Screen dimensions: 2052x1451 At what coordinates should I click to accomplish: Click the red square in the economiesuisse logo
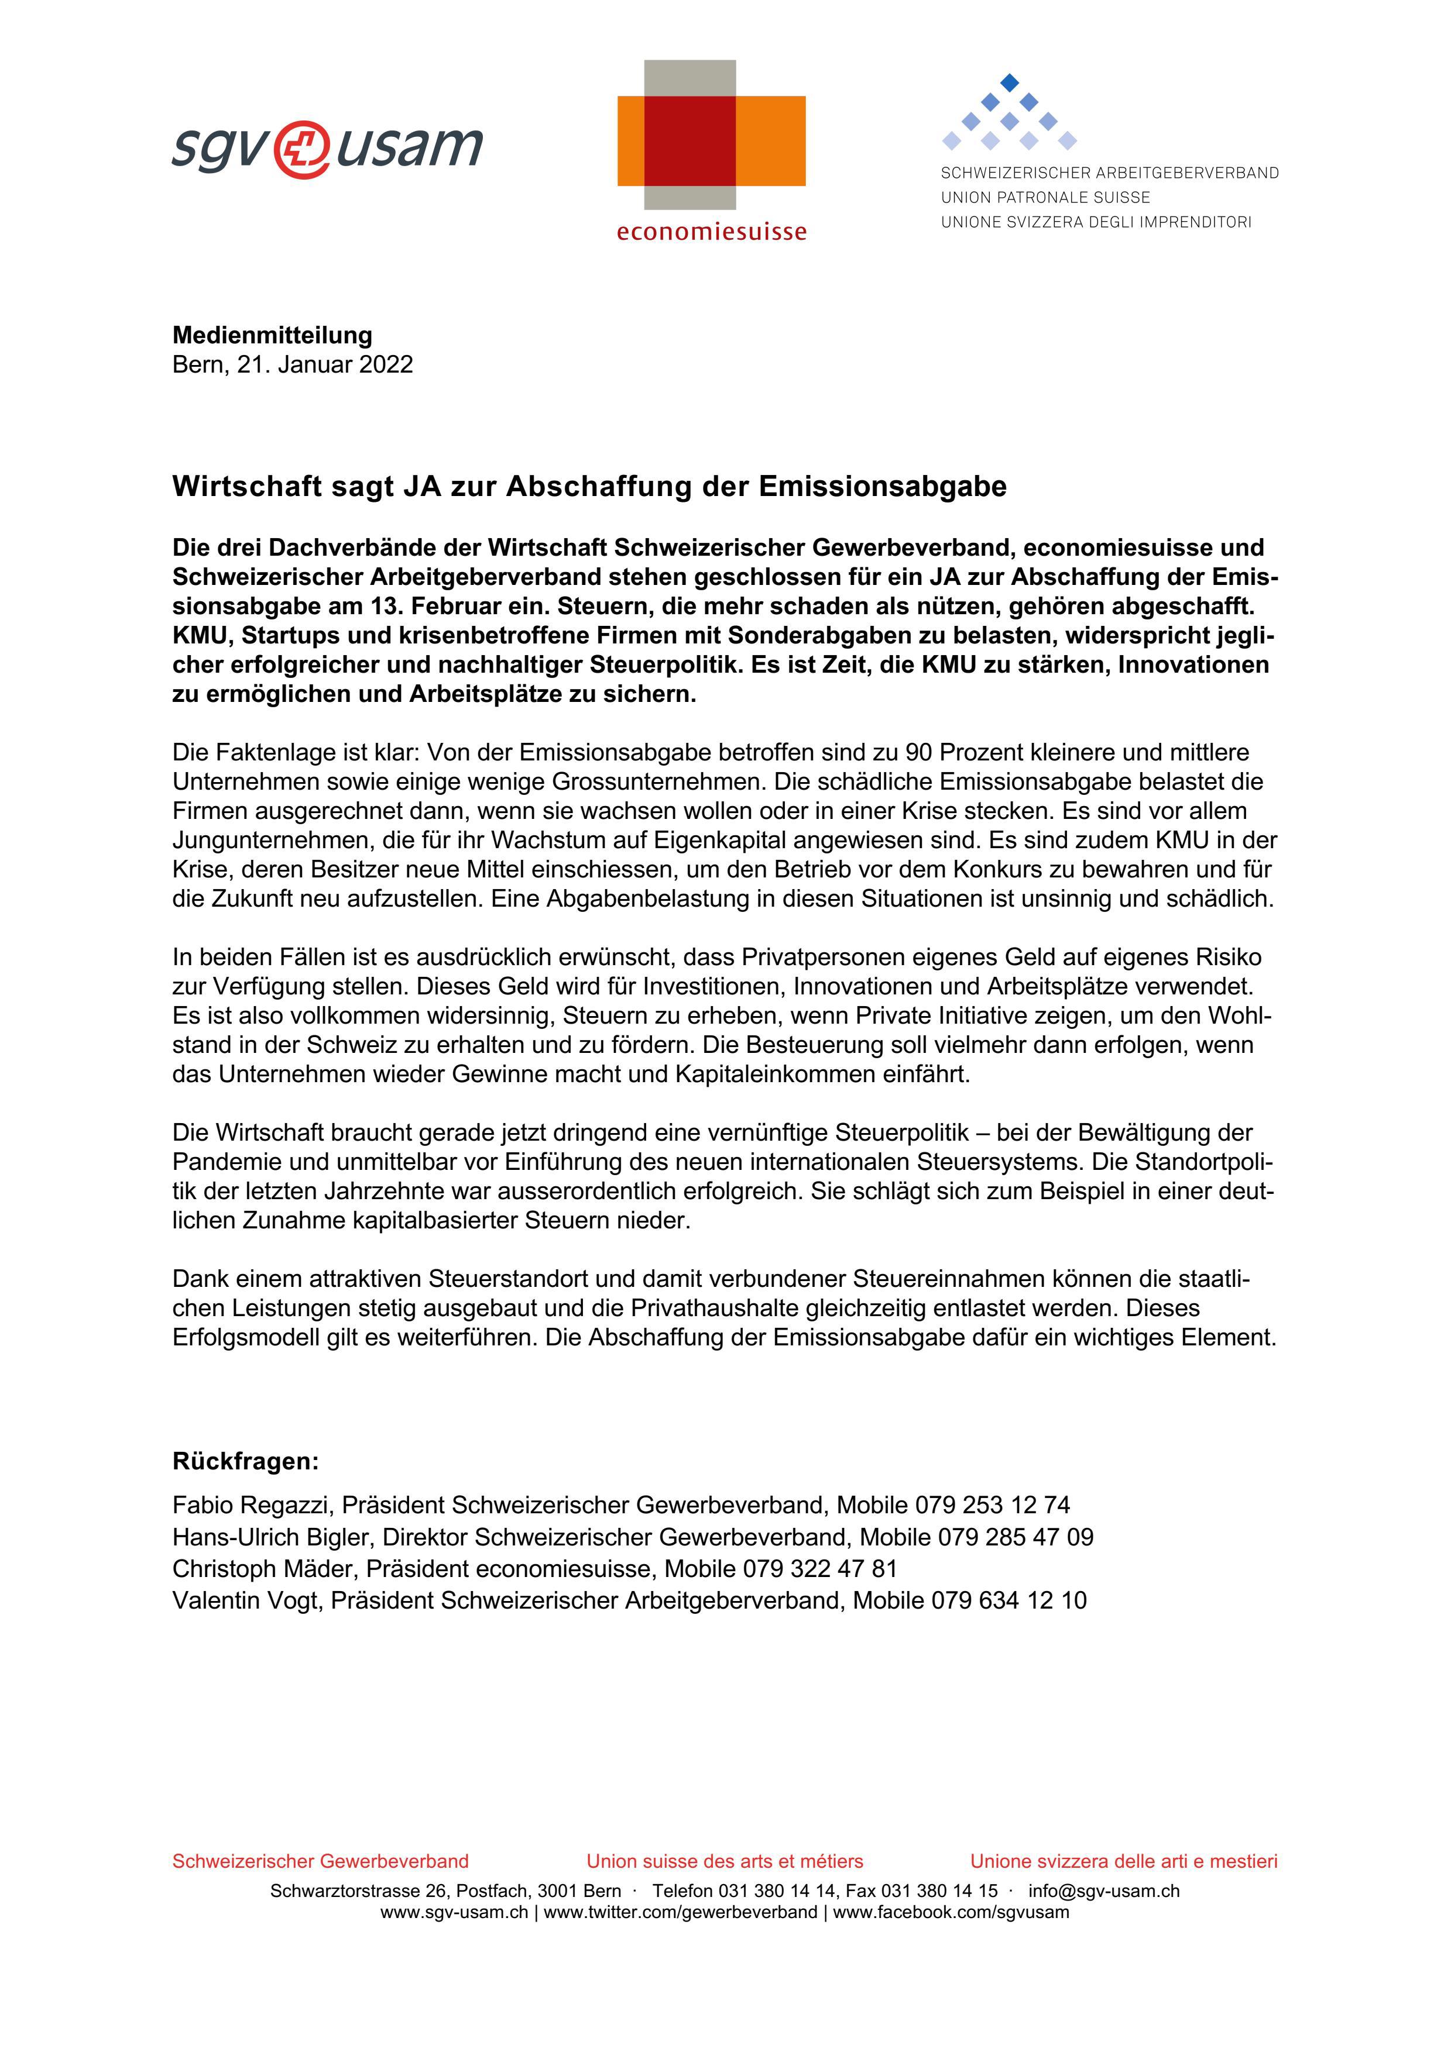coord(690,140)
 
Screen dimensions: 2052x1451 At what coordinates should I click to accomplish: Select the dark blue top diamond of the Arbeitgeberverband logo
coord(1009,82)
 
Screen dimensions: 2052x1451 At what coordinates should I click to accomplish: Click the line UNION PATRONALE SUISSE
coord(1045,198)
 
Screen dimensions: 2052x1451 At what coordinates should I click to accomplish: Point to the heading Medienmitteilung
coord(272,335)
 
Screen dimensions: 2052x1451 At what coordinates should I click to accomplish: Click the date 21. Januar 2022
coord(324,364)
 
